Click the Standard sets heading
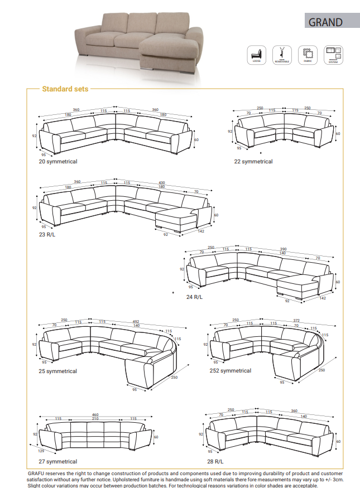click(65, 89)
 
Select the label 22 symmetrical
click(253, 161)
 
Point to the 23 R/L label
click(47, 235)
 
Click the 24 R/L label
click(194, 297)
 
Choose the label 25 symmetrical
click(58, 371)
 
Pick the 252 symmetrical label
click(231, 370)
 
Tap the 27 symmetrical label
click(58, 461)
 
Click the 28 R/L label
click(215, 461)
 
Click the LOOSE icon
click(257, 55)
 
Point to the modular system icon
click(334, 55)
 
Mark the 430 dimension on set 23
click(162, 182)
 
